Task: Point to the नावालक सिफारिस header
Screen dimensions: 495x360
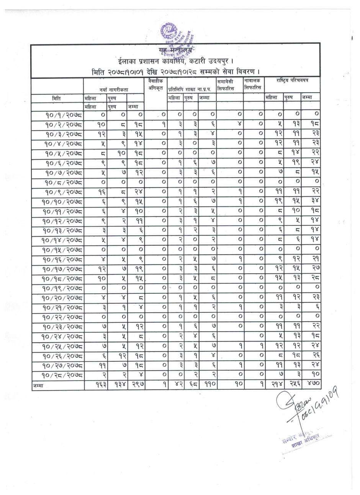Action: [x=253, y=85]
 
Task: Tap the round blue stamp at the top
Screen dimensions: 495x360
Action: [x=169, y=32]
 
